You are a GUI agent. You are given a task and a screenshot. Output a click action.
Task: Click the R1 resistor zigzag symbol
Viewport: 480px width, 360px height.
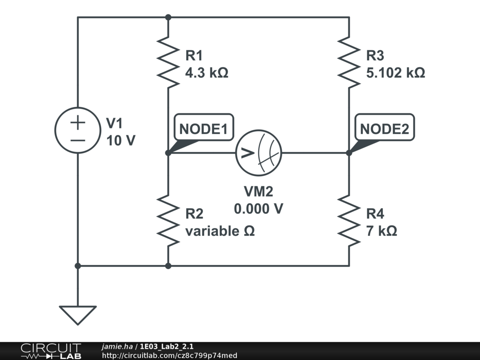[x=168, y=62]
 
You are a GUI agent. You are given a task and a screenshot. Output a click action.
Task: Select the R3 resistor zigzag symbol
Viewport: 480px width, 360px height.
[x=349, y=62]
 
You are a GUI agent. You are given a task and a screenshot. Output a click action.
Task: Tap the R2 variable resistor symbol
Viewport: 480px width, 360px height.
[x=168, y=221]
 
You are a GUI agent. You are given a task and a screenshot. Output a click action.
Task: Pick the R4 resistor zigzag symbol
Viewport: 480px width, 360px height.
[x=349, y=221]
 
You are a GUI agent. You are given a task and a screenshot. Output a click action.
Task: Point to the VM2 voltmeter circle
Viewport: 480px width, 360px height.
[x=236, y=153]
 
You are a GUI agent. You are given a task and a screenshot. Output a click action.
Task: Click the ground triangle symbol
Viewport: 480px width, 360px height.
[x=78, y=315]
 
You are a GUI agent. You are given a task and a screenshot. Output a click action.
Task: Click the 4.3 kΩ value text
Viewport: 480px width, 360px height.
[x=207, y=73]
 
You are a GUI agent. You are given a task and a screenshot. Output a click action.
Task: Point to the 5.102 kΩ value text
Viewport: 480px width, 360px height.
[x=396, y=73]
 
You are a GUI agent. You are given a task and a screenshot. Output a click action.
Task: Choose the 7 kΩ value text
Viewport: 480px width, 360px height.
[x=382, y=231]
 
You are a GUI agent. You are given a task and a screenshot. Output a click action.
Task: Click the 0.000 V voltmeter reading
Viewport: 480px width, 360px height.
[x=258, y=209]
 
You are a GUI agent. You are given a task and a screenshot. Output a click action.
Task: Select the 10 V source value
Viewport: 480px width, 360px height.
[x=120, y=141]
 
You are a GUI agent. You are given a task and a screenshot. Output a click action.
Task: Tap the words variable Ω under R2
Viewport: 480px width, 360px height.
[x=220, y=231]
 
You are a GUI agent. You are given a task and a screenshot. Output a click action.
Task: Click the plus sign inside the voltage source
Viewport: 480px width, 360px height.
[x=78, y=122]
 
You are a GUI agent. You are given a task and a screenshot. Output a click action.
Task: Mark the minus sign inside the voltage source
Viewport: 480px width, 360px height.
[x=78, y=141]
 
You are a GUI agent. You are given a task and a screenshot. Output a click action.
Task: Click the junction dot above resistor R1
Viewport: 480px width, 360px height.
[x=168, y=17]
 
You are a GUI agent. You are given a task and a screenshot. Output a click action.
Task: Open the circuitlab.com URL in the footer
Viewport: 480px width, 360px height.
[x=170, y=355]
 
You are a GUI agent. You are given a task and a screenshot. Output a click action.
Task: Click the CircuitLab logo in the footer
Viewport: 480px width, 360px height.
[x=51, y=351]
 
